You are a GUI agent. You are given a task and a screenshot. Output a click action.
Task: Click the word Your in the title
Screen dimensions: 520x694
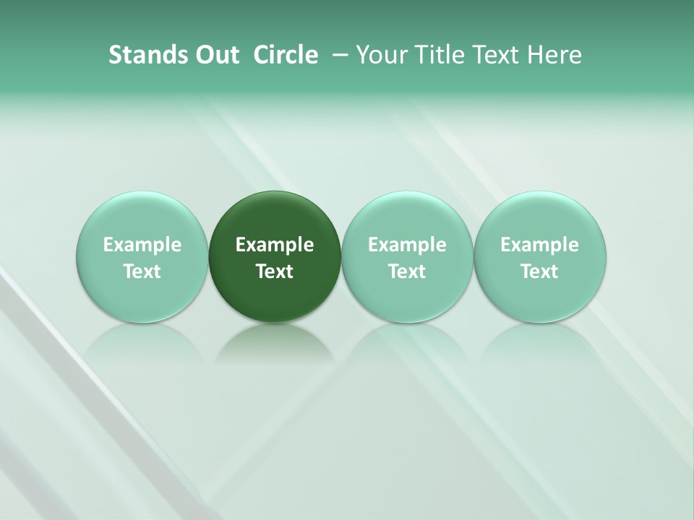coord(380,55)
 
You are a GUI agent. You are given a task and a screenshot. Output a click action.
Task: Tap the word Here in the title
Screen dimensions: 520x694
coord(554,55)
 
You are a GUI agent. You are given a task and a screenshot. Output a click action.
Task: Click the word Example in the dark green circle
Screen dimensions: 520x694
coord(275,245)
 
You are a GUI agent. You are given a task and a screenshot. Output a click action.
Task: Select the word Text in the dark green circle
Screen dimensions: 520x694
coord(275,272)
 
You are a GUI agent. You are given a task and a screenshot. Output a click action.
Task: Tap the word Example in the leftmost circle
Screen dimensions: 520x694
coord(142,245)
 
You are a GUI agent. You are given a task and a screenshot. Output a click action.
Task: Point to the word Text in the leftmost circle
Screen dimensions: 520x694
coord(142,272)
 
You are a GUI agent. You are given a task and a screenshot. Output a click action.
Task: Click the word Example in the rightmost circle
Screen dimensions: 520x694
coord(539,245)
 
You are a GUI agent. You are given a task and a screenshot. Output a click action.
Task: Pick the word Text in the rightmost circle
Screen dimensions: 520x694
coord(539,272)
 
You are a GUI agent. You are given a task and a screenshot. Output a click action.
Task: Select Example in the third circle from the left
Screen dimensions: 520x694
coord(407,245)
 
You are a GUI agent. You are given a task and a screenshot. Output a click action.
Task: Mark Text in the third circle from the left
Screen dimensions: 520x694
coord(407,272)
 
